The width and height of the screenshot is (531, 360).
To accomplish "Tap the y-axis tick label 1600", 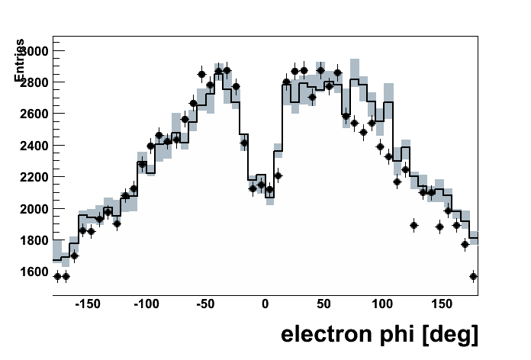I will [x=32, y=272].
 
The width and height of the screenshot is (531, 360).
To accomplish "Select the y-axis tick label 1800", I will [x=32, y=240].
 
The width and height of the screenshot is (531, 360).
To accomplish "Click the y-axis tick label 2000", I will [x=32, y=209].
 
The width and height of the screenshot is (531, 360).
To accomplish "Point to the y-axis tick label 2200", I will [x=32, y=177].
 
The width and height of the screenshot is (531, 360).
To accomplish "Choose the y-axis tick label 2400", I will [x=32, y=146].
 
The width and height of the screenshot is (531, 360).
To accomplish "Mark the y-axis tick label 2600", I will [x=32, y=114].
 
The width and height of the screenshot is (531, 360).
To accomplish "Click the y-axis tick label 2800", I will [x=32, y=82].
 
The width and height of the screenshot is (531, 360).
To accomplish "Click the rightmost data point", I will [x=473, y=276].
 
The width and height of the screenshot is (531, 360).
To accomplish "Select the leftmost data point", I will [x=57, y=276].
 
